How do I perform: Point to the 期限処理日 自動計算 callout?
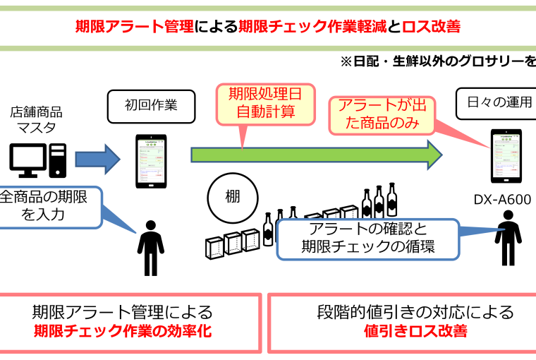coord(261,102)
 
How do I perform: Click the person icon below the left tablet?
coord(150,247)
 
